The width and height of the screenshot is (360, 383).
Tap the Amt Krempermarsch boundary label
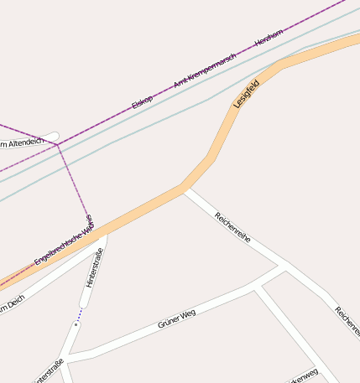[204, 70]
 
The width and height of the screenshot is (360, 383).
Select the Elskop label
[142, 102]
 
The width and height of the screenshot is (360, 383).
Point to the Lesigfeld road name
[247, 94]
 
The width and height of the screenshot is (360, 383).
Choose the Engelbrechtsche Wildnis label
[64, 241]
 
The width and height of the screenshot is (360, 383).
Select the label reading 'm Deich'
[12, 306]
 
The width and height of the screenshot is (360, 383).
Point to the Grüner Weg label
[176, 318]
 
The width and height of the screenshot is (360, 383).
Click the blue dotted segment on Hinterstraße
[79, 316]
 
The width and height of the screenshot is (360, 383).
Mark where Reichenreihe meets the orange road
[185, 189]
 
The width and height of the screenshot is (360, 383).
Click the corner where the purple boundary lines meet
[57, 144]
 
